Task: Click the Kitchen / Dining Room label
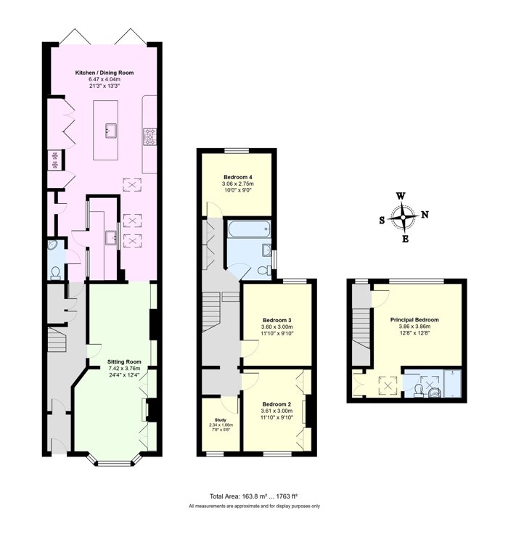pos(105,73)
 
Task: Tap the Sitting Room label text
pos(124,361)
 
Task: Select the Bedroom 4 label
pos(238,177)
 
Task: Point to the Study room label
pos(221,420)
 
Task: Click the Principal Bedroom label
pos(414,320)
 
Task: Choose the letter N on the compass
pos(425,214)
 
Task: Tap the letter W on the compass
pos(401,196)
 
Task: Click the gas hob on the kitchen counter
pos(149,136)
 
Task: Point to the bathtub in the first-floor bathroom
pos(249,229)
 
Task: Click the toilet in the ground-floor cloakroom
pos(55,273)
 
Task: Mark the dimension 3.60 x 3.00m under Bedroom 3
pos(277,327)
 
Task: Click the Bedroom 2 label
pos(276,404)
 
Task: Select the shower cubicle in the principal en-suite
pos(453,383)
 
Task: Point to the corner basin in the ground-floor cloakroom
pos(53,245)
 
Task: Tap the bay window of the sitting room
pos(115,461)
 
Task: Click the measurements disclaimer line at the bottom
pos(254,506)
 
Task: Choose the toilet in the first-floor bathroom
pos(264,271)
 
